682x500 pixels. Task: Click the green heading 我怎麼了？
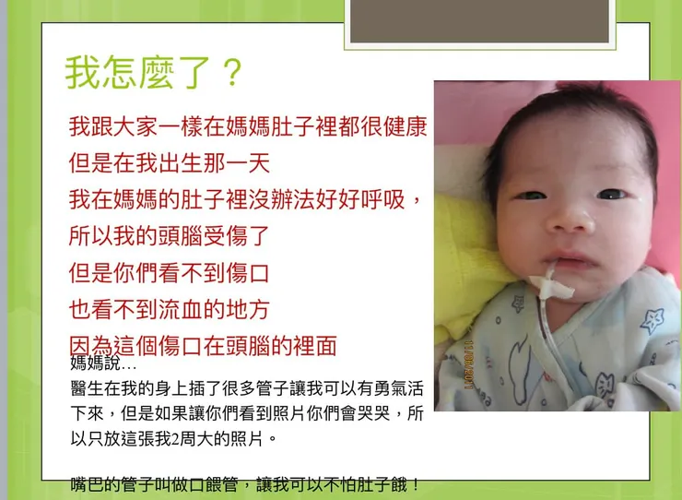tap(153, 72)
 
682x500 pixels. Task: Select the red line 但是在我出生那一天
tap(170, 163)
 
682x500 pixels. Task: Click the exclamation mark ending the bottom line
tap(417, 484)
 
